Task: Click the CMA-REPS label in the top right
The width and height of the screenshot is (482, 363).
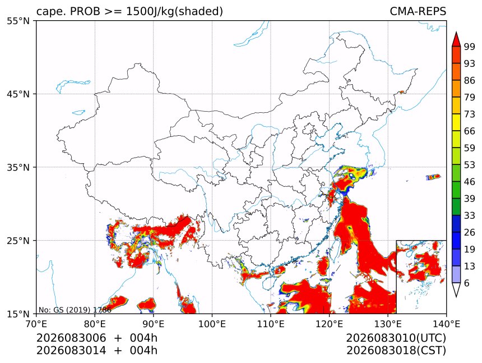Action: (418, 11)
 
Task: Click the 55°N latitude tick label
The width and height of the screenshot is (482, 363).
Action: (18, 21)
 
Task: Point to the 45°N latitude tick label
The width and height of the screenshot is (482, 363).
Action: (18, 94)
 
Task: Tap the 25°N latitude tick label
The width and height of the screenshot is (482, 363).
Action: (18, 240)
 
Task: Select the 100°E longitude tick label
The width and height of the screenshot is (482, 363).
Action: (212, 324)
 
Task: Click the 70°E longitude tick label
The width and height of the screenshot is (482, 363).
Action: (36, 324)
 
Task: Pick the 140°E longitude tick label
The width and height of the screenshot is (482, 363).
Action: (446, 324)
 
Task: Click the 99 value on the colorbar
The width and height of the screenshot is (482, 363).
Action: (470, 47)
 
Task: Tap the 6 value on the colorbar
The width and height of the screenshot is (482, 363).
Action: (467, 283)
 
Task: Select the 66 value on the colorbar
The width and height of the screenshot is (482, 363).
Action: (470, 131)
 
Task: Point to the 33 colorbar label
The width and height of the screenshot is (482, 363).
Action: (470, 215)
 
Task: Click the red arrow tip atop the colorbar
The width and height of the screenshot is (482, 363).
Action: (456, 32)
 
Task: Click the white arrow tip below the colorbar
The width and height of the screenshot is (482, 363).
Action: (456, 297)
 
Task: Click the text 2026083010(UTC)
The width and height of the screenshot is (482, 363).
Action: (396, 338)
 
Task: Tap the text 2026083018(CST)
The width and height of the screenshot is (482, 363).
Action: (396, 351)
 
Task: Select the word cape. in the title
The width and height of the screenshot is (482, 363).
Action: (50, 12)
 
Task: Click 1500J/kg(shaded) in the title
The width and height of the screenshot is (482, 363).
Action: (175, 11)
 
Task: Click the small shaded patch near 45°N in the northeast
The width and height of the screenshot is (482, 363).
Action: (401, 91)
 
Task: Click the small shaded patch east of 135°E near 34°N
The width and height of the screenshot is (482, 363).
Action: (433, 177)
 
